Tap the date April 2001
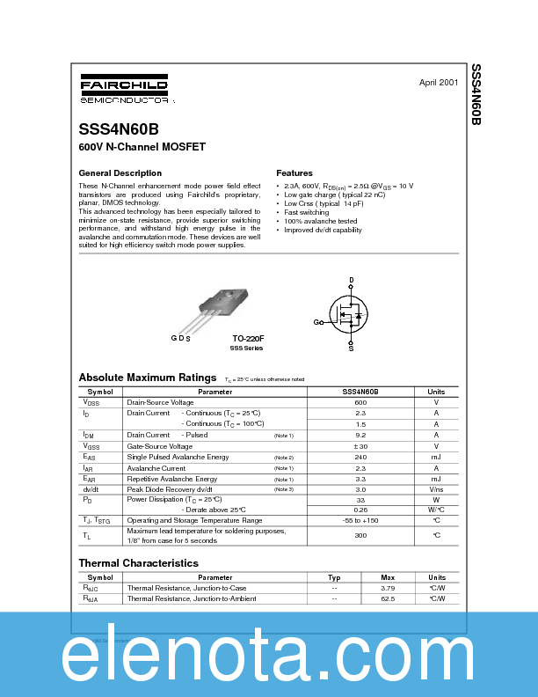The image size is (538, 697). tap(438, 82)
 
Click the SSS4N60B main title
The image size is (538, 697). tap(119, 128)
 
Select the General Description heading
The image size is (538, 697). tap(120, 173)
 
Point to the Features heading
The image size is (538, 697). tap(294, 173)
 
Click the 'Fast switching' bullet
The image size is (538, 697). tap(307, 212)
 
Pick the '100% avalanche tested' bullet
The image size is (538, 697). tap(321, 221)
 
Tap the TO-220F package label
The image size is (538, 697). tap(248, 338)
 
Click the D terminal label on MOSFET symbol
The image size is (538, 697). tap(351, 280)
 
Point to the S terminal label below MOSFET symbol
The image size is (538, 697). tap(351, 348)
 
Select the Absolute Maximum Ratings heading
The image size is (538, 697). tap(147, 377)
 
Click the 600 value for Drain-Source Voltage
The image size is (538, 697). tap(360, 402)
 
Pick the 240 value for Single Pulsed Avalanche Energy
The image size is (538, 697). tap(360, 458)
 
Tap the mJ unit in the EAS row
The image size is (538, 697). tap(436, 458)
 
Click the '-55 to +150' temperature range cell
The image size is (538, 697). tap(360, 520)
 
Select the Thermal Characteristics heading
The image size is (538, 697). tap(138, 563)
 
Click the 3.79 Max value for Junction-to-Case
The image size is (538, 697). tap(388, 588)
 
